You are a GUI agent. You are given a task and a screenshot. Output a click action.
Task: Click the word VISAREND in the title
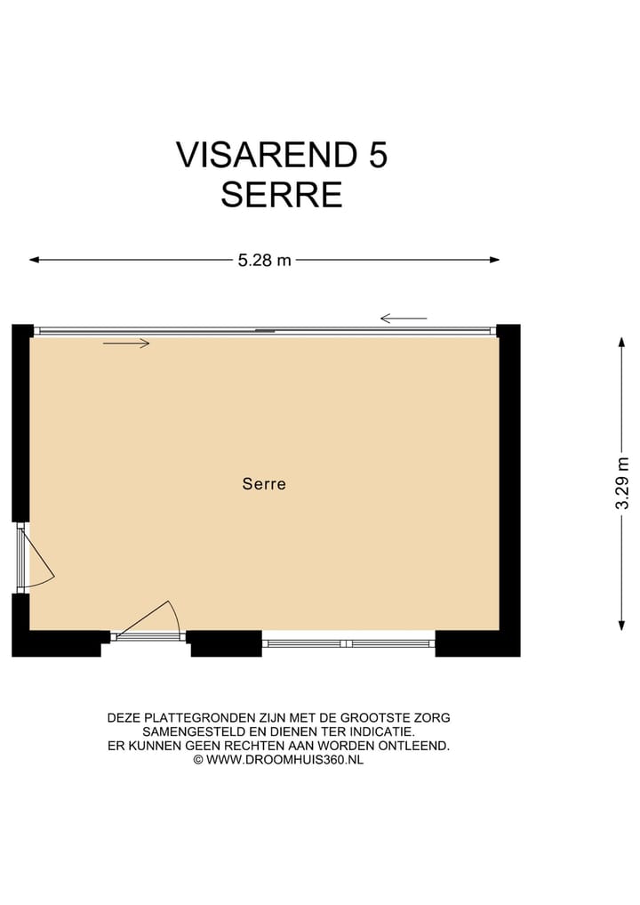point(265,155)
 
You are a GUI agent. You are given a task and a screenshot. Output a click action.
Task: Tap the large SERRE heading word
point(282,195)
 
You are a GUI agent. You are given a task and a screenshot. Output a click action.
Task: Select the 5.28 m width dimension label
point(264,261)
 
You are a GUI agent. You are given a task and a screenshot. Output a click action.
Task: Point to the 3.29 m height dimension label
point(622,483)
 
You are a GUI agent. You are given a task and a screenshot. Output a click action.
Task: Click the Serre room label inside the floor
point(264,485)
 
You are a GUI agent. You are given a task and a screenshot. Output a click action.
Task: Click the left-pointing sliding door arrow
point(404,319)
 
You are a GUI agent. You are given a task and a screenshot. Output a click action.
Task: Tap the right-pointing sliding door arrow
point(126,343)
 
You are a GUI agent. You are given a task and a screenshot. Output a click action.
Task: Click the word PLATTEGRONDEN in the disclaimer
point(203,717)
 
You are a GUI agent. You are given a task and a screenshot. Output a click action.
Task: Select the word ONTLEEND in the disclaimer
point(418,746)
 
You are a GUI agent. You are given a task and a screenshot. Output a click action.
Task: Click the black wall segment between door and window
point(226,642)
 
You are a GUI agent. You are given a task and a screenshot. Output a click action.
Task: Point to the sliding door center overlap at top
point(265,331)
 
